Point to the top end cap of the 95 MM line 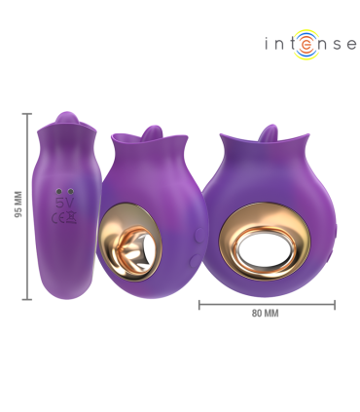(26, 114)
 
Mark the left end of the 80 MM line (199, 305)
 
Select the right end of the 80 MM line (334, 305)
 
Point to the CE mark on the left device (58, 218)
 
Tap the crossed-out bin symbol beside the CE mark (71, 218)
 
